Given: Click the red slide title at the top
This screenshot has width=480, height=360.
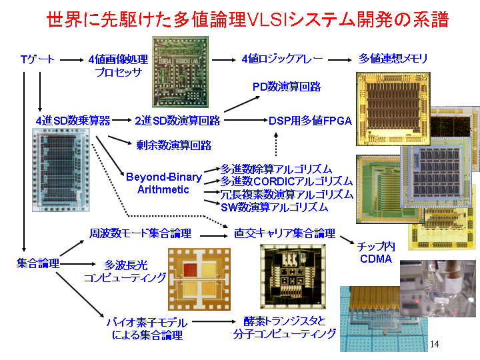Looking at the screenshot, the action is [247, 19].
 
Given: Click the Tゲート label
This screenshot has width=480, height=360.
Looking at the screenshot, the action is [37, 59].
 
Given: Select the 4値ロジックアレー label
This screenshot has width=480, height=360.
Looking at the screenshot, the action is [282, 59].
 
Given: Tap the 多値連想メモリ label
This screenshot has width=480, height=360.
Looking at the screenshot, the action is [393, 58].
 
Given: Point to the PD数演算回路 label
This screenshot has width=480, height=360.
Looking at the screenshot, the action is [287, 87].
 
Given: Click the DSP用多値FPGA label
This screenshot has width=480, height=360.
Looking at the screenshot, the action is [310, 121].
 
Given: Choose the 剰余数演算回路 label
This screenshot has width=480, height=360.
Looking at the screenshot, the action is [174, 145].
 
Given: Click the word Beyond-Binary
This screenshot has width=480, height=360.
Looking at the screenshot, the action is [164, 177].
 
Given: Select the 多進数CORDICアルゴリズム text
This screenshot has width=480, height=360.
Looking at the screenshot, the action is [287, 181].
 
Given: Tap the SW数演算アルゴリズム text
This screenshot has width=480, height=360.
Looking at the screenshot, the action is [274, 207].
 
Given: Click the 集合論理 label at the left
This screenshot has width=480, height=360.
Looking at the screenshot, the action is [37, 263].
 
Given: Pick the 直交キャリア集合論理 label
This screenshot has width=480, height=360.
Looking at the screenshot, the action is [285, 233].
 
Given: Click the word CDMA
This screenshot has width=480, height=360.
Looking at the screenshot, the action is [376, 259].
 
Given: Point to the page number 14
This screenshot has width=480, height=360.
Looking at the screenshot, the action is [435, 344].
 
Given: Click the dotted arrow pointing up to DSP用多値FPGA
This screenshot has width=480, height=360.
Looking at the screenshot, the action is [276, 145].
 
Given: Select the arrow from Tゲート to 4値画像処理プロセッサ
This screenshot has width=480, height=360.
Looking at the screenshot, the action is [71, 60].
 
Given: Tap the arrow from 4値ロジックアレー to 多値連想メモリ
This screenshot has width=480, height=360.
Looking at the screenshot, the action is [340, 60].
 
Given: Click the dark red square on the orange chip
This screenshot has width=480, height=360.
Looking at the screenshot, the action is [190, 269].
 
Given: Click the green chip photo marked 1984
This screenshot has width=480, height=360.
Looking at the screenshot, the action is [180, 72].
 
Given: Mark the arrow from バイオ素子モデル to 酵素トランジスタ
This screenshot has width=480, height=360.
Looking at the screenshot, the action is [214, 321].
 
